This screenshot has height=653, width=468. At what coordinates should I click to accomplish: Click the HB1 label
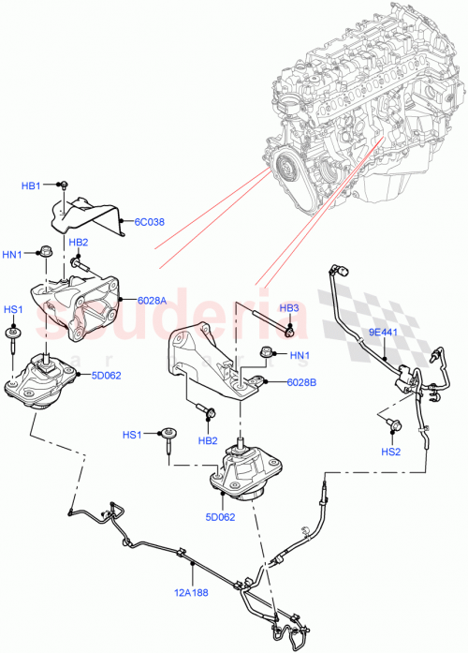coord(31,186)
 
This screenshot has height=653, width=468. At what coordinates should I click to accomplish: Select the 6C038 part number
coord(149,222)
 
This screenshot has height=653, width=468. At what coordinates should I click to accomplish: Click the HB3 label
coord(290,308)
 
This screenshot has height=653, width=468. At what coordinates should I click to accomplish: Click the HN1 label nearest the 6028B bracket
coord(299,355)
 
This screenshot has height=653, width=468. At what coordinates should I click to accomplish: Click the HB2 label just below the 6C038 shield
coord(79,243)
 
